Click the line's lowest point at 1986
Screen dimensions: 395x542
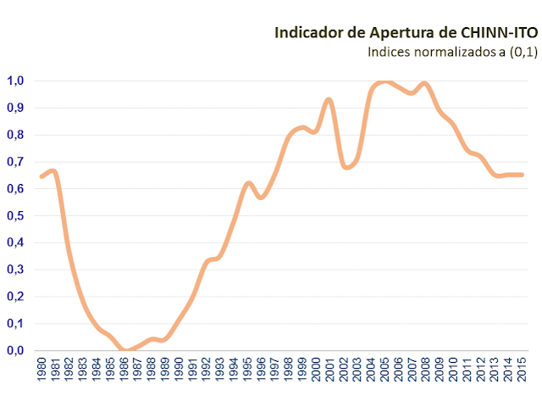(x=124, y=350)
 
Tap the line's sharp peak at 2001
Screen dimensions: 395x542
(x=329, y=100)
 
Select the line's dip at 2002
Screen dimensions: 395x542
(x=345, y=167)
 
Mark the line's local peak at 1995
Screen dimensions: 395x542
(x=248, y=183)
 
